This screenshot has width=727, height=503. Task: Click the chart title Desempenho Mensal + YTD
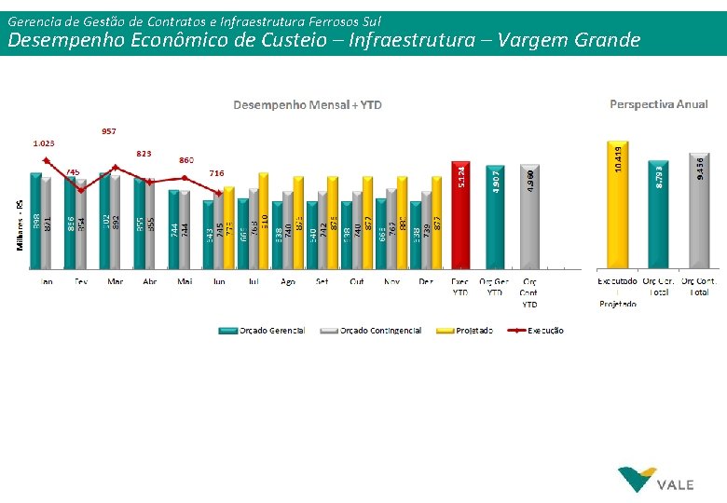click(x=307, y=104)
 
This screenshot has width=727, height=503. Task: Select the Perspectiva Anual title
click(x=658, y=104)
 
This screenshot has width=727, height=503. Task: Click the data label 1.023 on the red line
click(x=43, y=143)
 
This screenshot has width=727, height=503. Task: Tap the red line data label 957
click(x=109, y=131)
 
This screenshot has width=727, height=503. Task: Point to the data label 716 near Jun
click(x=216, y=173)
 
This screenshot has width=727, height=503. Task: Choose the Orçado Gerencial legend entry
click(x=262, y=331)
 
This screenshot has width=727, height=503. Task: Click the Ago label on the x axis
click(x=287, y=280)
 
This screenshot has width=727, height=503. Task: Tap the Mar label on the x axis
click(x=115, y=280)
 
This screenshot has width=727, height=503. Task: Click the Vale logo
click(x=656, y=480)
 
